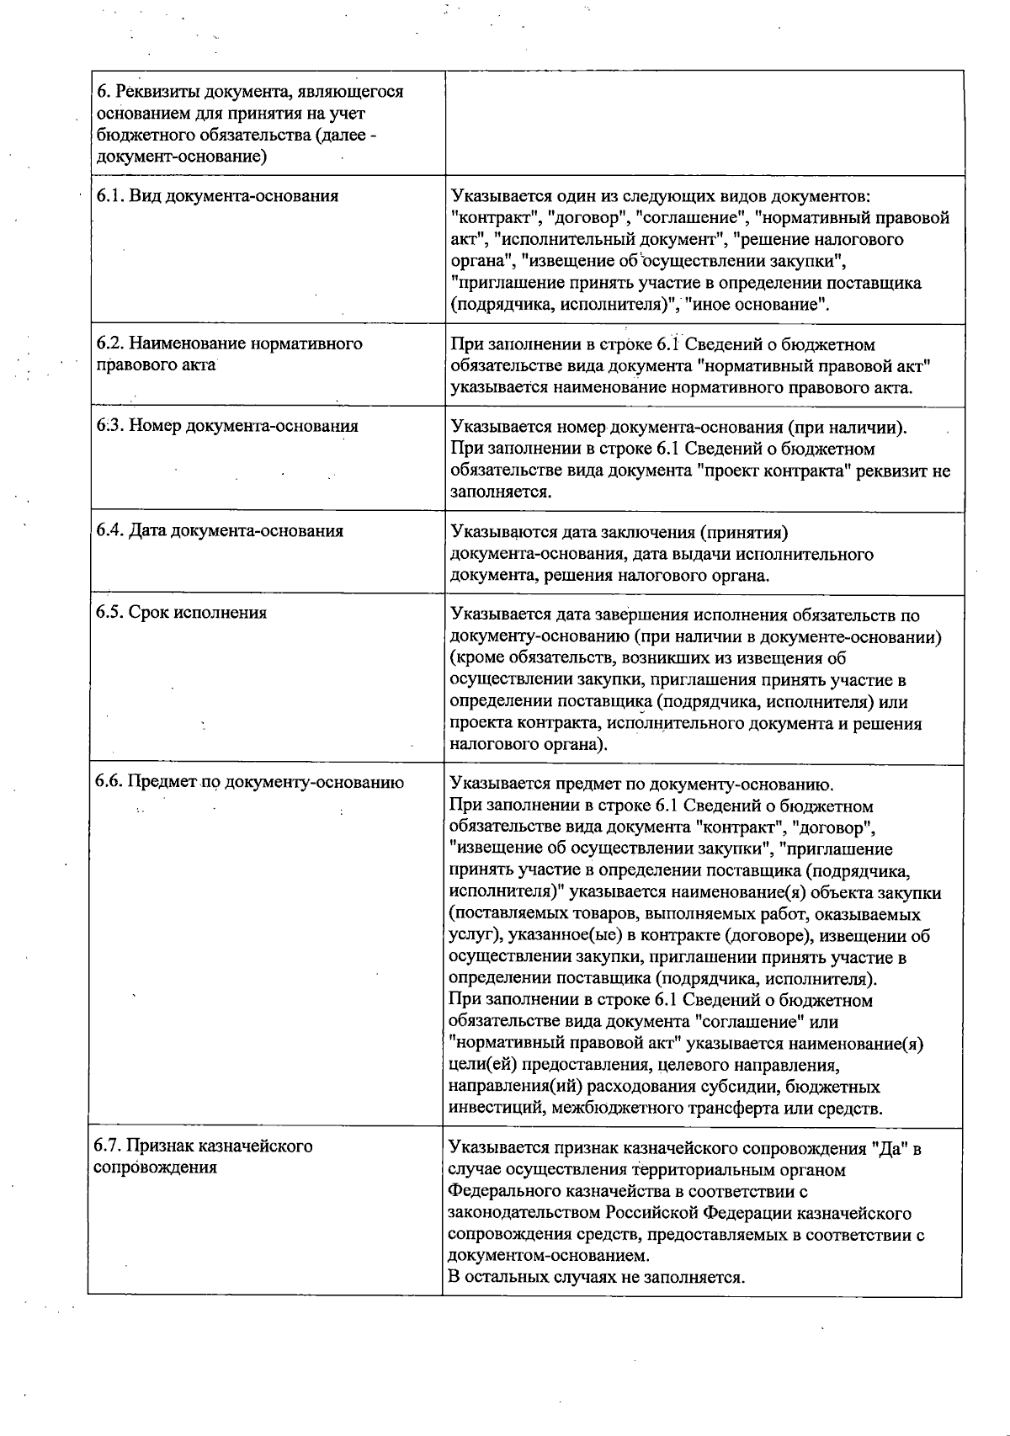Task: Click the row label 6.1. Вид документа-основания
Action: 217,196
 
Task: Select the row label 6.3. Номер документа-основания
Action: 227,426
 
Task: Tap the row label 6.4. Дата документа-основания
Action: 220,531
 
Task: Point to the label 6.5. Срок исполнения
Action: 181,613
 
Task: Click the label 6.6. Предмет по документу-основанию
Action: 249,782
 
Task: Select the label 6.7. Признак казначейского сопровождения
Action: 203,1157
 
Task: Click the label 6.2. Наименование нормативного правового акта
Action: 229,354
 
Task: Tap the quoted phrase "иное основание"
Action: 757,305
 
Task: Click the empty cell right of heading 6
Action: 704,123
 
